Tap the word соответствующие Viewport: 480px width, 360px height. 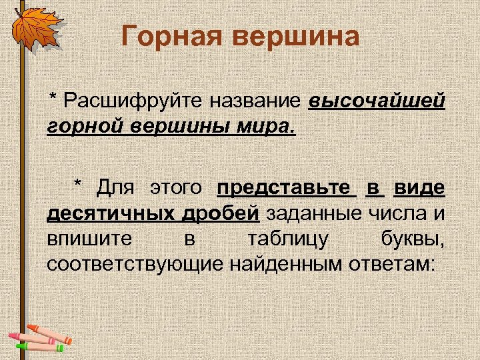pos(135,263)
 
